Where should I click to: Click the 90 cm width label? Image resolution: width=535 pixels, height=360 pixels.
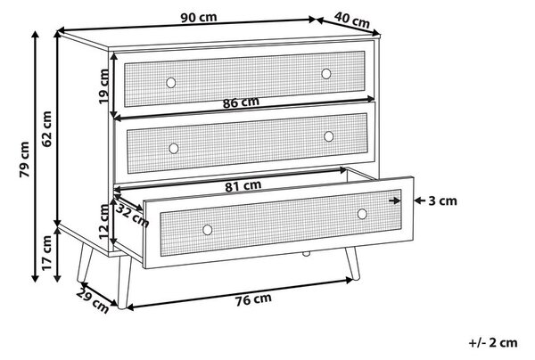pyautogui.click(x=199, y=17)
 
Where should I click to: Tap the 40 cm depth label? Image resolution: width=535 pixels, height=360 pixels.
pyautogui.click(x=352, y=20)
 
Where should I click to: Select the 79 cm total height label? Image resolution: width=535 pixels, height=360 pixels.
pyautogui.click(x=24, y=160)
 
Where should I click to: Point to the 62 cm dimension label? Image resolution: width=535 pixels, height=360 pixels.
pyautogui.click(x=46, y=129)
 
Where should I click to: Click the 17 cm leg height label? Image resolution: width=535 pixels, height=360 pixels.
pyautogui.click(x=46, y=253)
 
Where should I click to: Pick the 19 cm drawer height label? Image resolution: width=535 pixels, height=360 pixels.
pyautogui.click(x=103, y=86)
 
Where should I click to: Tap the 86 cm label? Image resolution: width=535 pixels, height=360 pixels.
pyautogui.click(x=241, y=102)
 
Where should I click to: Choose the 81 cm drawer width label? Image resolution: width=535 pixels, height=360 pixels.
pyautogui.click(x=243, y=186)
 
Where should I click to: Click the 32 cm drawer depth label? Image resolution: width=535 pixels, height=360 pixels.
pyautogui.click(x=132, y=216)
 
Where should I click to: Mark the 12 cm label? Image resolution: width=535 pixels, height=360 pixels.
pyautogui.click(x=104, y=222)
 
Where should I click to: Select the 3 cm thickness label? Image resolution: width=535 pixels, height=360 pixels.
pyautogui.click(x=442, y=200)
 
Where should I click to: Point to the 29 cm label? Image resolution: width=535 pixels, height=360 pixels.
pyautogui.click(x=93, y=300)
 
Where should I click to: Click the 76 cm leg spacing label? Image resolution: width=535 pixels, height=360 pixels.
pyautogui.click(x=253, y=299)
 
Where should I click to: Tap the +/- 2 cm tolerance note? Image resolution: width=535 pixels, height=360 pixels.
pyautogui.click(x=493, y=342)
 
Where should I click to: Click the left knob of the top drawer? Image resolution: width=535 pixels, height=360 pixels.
pyautogui.click(x=171, y=83)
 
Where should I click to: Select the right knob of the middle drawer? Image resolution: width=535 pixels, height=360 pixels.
pyautogui.click(x=328, y=136)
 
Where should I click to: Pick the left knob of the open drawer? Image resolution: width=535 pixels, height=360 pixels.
pyautogui.click(x=208, y=230)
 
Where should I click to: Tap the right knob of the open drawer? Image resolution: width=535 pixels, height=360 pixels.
pyautogui.click(x=362, y=214)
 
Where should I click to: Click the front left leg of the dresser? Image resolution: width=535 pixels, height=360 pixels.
pyautogui.click(x=124, y=282)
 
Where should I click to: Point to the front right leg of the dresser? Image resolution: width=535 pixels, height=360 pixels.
pyautogui.click(x=352, y=263)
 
